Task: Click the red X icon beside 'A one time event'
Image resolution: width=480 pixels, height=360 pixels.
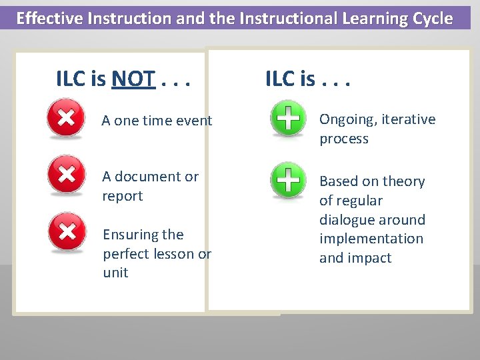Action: [x=65, y=119]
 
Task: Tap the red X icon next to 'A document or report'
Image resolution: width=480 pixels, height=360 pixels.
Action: [x=66, y=175]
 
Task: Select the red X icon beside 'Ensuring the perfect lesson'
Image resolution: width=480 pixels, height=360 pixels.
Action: [x=67, y=232]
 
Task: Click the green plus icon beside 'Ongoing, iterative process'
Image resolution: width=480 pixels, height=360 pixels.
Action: [x=287, y=119]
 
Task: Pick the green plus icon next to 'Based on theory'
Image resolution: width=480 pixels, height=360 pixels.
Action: [x=287, y=181]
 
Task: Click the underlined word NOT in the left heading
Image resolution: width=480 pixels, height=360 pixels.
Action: [x=133, y=80]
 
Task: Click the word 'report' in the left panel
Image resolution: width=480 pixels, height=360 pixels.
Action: [x=123, y=196]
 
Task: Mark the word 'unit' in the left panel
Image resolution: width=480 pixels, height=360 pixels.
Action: [x=115, y=273]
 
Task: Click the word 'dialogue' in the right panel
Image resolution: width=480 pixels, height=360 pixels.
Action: [x=348, y=220]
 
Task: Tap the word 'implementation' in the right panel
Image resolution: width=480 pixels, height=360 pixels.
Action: [x=371, y=239]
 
